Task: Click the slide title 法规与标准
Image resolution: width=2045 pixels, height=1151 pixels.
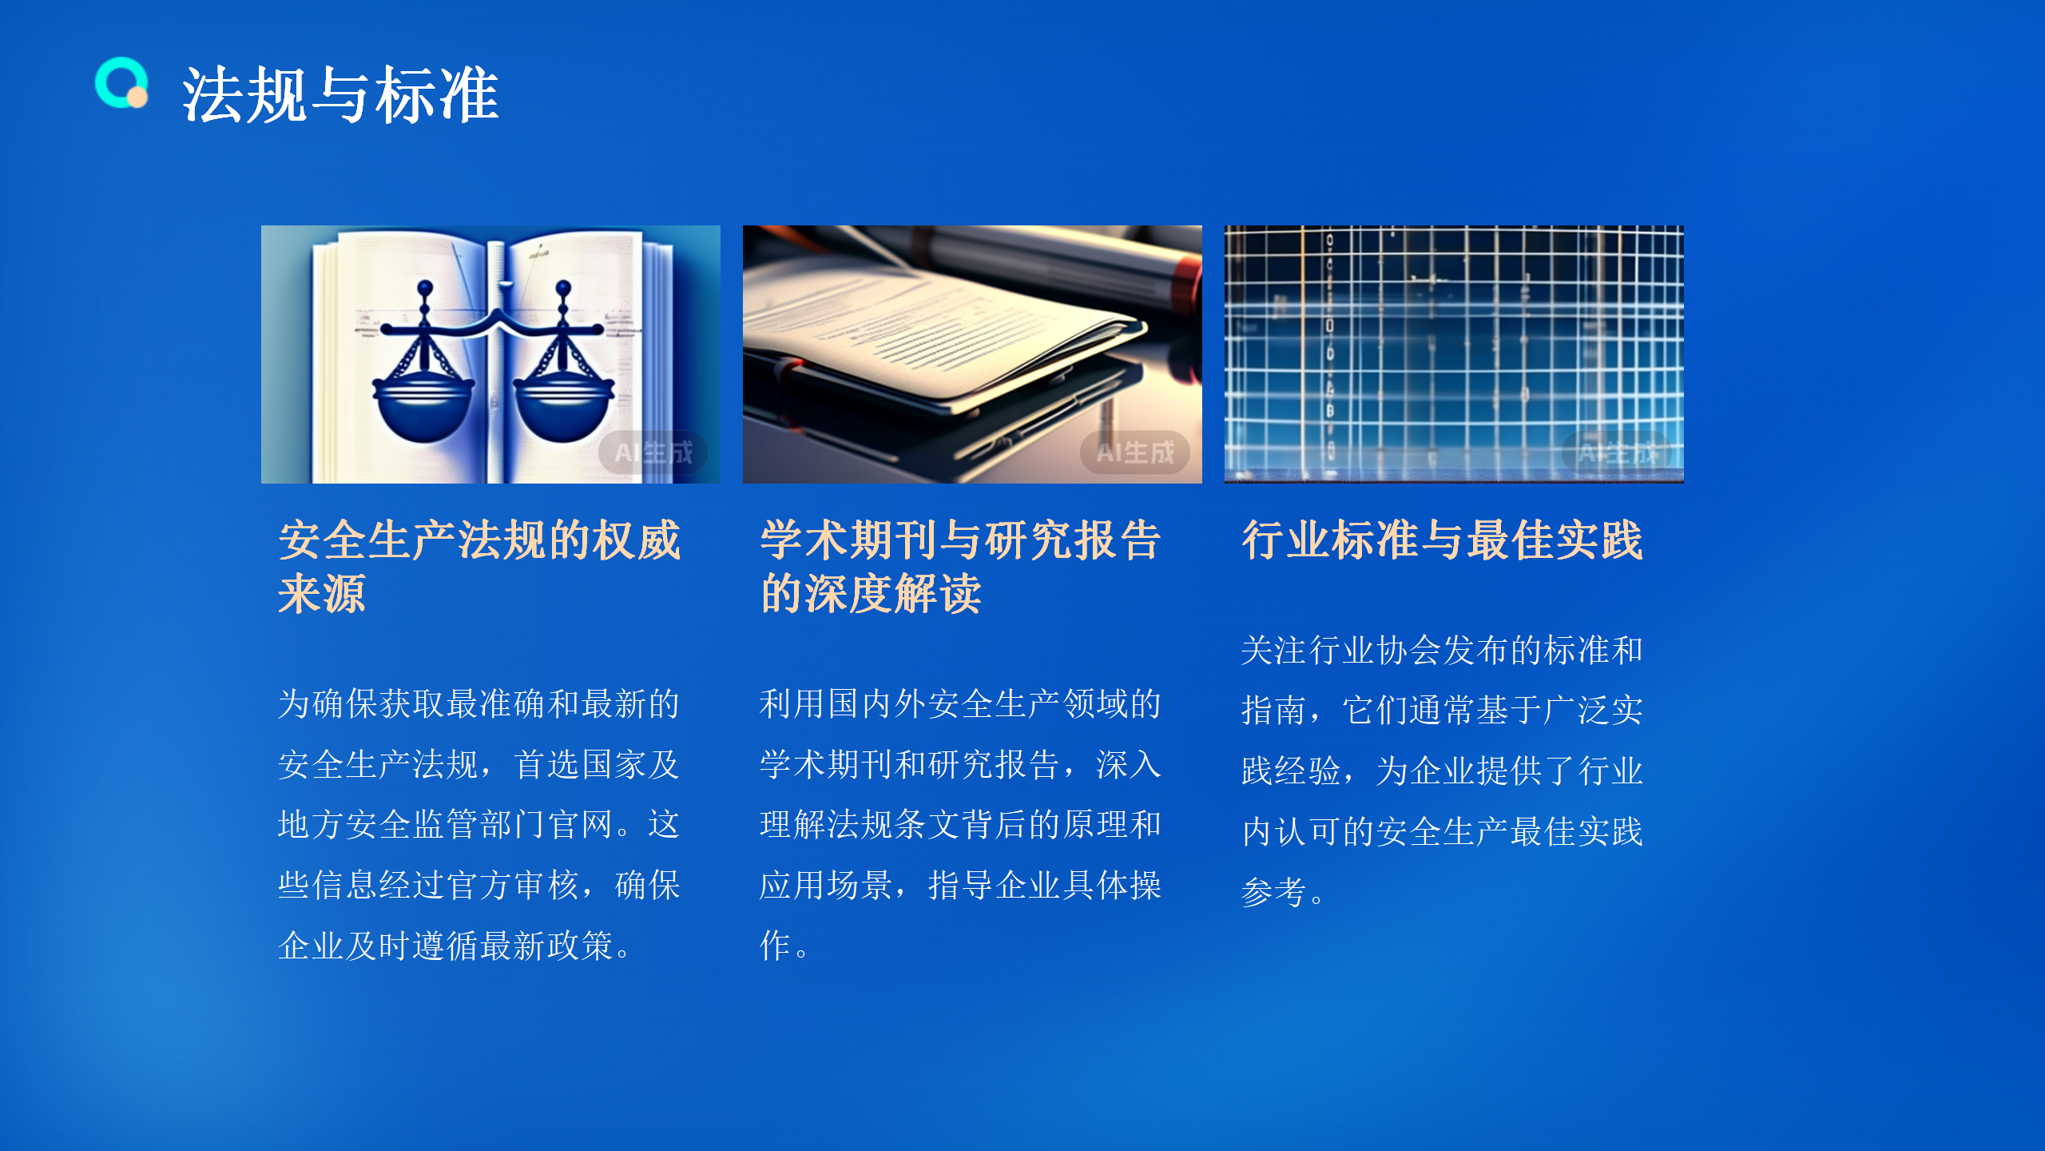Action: pos(340,95)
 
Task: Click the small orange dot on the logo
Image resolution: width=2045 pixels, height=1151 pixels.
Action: pos(138,98)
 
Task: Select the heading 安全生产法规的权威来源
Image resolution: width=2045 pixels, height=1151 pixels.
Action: pos(479,566)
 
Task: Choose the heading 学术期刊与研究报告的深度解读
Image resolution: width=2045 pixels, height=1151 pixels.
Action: pos(960,566)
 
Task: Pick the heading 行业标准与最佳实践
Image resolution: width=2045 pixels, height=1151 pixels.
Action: pos(1442,540)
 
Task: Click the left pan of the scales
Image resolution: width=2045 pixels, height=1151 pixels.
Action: pos(423,408)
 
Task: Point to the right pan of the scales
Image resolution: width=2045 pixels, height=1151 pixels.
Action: pos(564,408)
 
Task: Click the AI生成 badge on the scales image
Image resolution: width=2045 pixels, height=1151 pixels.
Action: pos(653,453)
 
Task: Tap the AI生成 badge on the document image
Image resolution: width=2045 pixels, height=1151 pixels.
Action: pos(1135,453)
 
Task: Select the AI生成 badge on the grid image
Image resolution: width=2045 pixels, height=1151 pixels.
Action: pos(1617,453)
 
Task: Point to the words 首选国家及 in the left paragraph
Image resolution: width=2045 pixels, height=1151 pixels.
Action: pos(597,765)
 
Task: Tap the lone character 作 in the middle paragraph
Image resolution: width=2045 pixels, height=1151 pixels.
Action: pos(775,946)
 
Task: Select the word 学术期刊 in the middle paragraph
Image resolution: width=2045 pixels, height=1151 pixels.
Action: pos(826,765)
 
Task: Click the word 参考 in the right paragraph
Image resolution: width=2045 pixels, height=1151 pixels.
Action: pos(1274,892)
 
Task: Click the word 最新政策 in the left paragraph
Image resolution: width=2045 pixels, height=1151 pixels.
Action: pos(546,946)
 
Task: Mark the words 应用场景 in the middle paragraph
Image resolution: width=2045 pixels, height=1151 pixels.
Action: pos(826,886)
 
